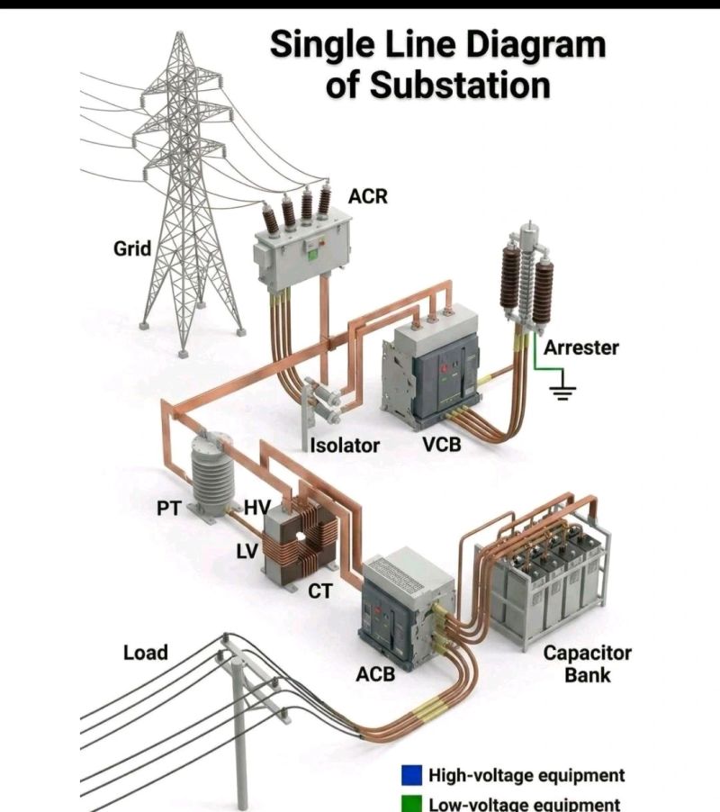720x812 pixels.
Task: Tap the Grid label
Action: pyautogui.click(x=132, y=248)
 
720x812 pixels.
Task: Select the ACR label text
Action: pyautogui.click(x=367, y=195)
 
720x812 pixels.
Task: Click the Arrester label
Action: pyautogui.click(x=581, y=347)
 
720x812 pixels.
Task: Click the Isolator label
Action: pyautogui.click(x=345, y=445)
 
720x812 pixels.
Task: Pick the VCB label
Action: pyautogui.click(x=442, y=445)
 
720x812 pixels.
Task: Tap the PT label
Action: pyautogui.click(x=168, y=509)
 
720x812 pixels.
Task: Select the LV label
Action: pyautogui.click(x=247, y=551)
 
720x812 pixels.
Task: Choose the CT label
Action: pyautogui.click(x=320, y=591)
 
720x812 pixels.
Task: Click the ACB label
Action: pyautogui.click(x=375, y=672)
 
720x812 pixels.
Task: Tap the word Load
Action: pyautogui.click(x=146, y=652)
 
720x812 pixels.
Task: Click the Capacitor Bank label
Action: pyautogui.click(x=588, y=663)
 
